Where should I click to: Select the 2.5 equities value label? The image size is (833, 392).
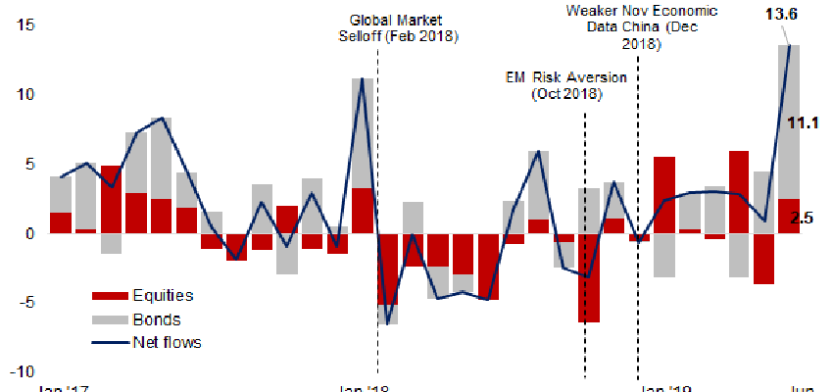coord(803,218)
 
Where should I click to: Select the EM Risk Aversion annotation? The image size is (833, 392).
coord(564,86)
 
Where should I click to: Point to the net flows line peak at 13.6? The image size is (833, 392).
coord(790,45)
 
